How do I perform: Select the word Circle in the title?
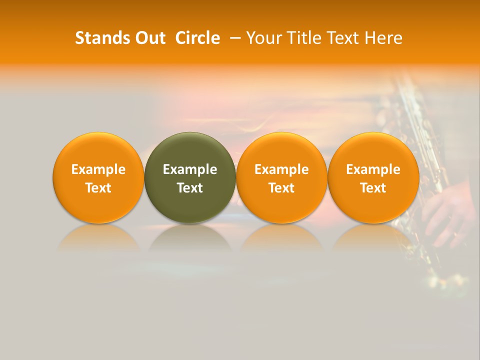pos(197,38)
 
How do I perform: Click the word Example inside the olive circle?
pos(190,169)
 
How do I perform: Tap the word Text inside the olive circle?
pos(190,188)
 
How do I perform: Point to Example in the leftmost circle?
pos(98,169)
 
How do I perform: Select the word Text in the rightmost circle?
pos(373,188)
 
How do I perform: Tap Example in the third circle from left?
pos(281,169)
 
